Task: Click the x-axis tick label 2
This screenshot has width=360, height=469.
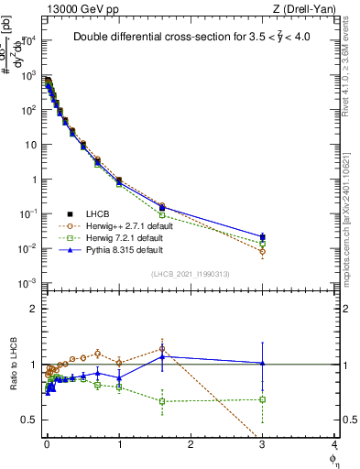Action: (191, 443)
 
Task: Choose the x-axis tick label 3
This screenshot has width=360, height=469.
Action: (262, 443)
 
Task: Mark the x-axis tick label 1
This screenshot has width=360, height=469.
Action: (119, 443)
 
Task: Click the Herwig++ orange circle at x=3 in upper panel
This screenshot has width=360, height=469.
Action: (262, 251)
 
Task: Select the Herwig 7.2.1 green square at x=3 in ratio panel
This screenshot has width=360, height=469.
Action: (262, 399)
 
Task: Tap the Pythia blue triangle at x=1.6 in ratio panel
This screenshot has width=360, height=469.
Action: (162, 355)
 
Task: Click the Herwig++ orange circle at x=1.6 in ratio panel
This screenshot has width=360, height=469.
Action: (162, 348)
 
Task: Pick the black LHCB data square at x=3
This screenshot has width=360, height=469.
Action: (262, 236)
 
